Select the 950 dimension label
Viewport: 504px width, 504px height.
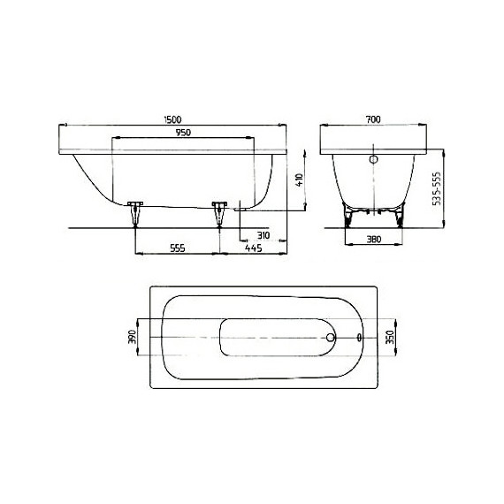click(183, 133)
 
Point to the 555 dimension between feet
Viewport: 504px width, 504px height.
click(176, 248)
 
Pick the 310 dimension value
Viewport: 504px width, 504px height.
click(262, 235)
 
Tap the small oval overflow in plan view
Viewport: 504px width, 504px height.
click(359, 337)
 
